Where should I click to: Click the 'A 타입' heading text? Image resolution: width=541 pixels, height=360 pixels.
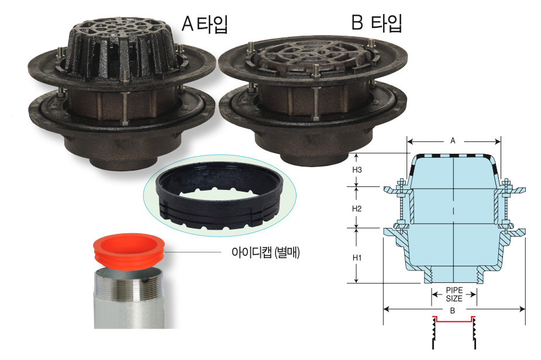coord(205,24)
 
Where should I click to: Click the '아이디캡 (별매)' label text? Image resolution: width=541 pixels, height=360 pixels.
coord(266,252)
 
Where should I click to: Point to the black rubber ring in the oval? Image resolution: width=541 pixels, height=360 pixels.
coord(219,200)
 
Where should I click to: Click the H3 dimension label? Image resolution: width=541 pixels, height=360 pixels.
coord(357,169)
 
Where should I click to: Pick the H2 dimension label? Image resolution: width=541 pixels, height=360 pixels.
coord(357,209)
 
